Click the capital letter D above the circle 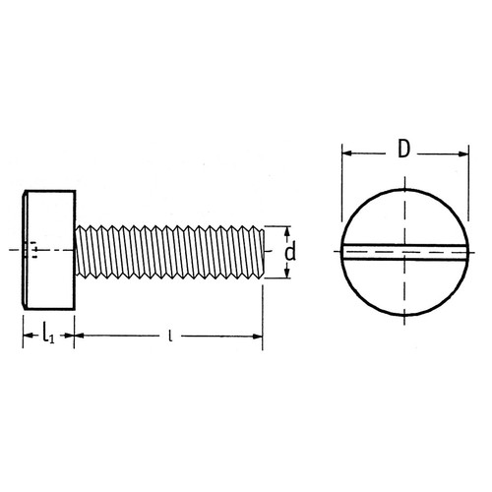[403, 150]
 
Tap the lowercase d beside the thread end [289, 253]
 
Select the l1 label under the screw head [46, 336]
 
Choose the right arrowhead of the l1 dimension [70, 337]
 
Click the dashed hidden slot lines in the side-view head [35, 252]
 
